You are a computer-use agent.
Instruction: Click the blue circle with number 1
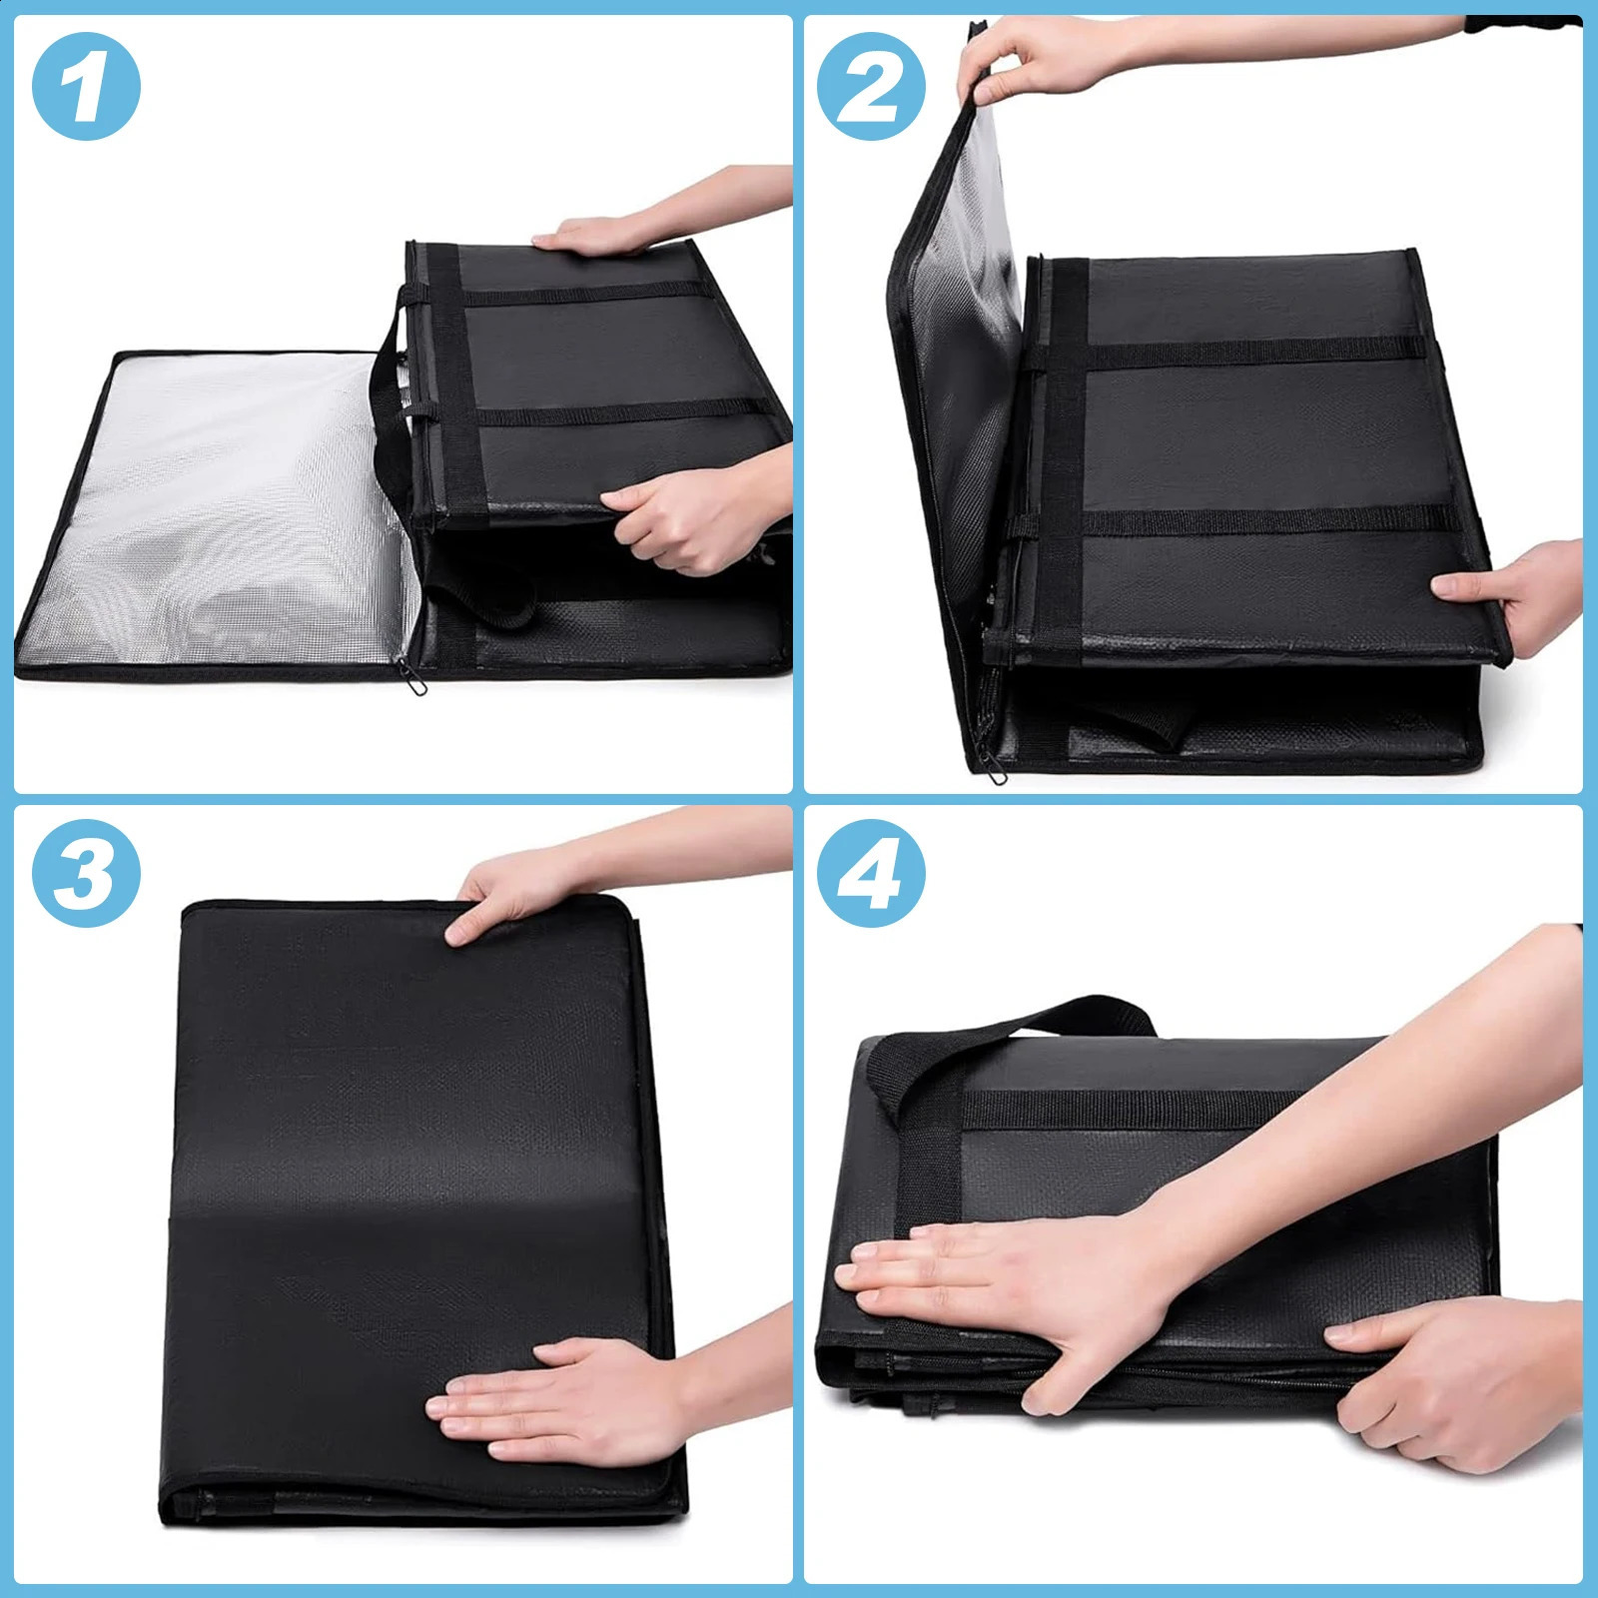point(87,87)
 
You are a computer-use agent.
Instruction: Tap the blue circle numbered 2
point(872,87)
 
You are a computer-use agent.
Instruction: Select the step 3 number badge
point(87,872)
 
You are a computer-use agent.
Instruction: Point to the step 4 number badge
point(872,872)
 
